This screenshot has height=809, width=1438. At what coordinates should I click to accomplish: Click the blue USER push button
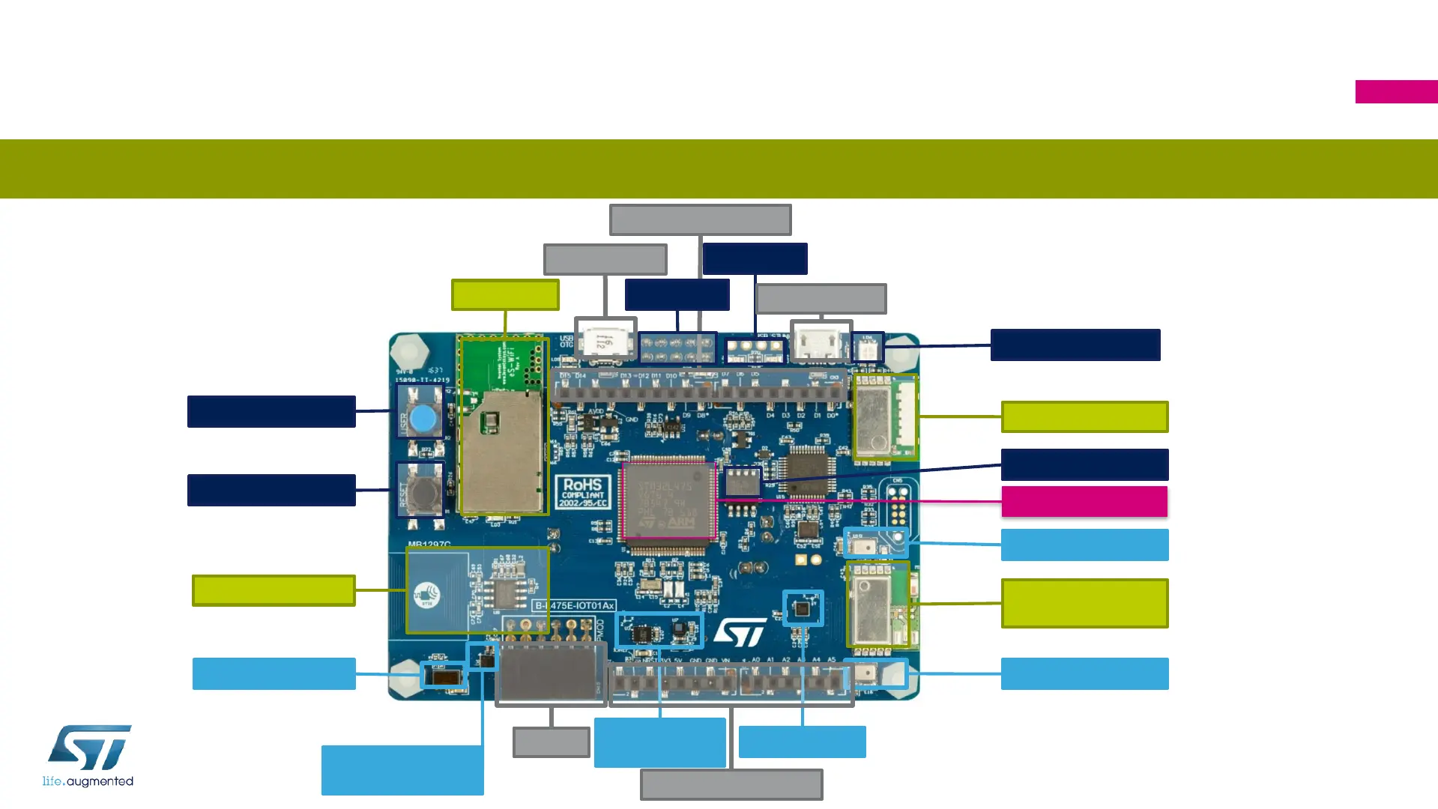coord(423,418)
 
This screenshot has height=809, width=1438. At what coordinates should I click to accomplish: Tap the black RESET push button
coord(425,492)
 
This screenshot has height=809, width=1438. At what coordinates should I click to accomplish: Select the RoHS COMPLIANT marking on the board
coord(584,492)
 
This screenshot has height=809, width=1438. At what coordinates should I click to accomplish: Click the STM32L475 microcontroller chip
coord(668,499)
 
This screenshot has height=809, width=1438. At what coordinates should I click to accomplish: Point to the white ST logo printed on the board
coord(740,632)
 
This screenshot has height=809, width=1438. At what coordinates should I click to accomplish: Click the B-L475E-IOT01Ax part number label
coord(574,605)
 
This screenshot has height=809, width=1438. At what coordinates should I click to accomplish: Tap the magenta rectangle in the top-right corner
coord(1396,91)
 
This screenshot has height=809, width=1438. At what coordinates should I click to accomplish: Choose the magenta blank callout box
coord(1084,501)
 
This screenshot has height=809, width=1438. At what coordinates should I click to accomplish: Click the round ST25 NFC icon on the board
coord(427,596)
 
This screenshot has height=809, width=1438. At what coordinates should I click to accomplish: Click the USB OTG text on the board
coord(567,342)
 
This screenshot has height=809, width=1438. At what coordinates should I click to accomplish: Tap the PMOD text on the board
coord(599,629)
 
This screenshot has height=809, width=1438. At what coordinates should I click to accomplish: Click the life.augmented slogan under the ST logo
coord(88,781)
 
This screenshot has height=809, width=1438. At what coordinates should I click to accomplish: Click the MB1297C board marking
coord(429,545)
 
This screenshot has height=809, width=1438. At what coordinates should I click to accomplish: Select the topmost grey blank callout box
coord(700,219)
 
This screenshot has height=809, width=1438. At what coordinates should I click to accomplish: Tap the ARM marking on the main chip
coord(681,521)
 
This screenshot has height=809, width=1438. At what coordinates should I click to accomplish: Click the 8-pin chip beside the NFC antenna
coord(504,594)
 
